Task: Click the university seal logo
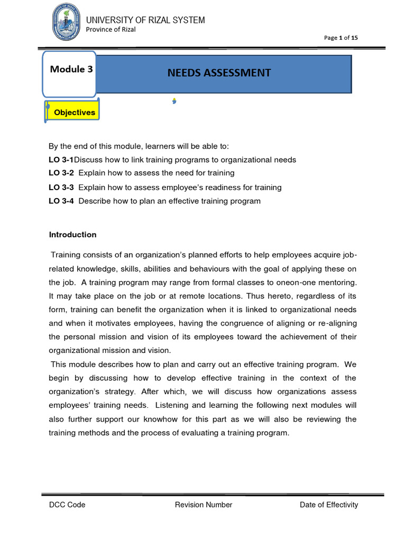(x=67, y=29)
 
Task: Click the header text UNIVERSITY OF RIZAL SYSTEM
(x=145, y=20)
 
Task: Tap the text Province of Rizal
(x=111, y=30)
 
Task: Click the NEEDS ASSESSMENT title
(x=219, y=73)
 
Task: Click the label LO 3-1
(x=61, y=160)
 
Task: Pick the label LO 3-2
(x=61, y=173)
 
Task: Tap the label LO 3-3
(x=61, y=187)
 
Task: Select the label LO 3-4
(x=61, y=201)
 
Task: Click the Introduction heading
(x=72, y=235)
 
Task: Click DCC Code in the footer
(x=67, y=505)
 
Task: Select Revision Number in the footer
(x=204, y=505)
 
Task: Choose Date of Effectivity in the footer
(x=329, y=505)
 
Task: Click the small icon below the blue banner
(x=173, y=101)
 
